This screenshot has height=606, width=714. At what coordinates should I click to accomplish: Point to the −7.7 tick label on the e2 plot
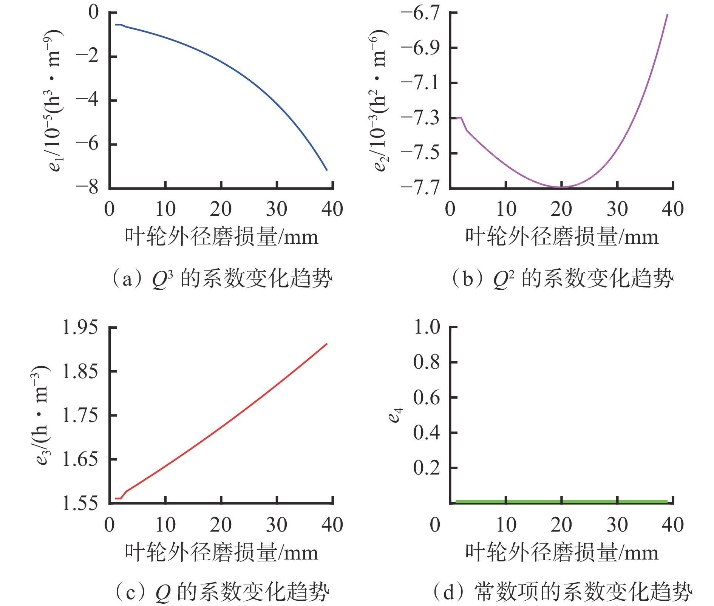pos(420,187)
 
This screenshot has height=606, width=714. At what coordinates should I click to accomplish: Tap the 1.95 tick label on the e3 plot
pos(80,327)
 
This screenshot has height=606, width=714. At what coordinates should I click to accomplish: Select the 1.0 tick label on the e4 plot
pos(427,327)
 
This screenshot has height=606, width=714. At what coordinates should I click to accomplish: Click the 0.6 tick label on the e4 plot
pos(427,397)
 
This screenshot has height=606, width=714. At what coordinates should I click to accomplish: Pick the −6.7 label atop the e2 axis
pos(420,13)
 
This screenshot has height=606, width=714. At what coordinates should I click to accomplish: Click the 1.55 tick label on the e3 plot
pos(80,503)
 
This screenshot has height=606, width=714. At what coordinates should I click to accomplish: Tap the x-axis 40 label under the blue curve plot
pos(332,209)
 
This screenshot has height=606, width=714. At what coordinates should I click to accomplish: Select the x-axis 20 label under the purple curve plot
pos(561,209)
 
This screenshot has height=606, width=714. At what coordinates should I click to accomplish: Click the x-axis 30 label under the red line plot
pos(277,525)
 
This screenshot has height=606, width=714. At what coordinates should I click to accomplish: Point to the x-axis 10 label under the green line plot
pos(506,525)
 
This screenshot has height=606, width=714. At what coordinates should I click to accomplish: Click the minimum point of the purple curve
pos(561,187)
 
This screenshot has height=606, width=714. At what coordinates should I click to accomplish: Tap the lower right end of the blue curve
pos(327,170)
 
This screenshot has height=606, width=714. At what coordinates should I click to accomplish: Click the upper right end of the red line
pos(327,344)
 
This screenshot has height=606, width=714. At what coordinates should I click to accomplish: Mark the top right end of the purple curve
pos(668,14)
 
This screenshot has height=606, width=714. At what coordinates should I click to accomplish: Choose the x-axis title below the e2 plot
pos(561,237)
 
